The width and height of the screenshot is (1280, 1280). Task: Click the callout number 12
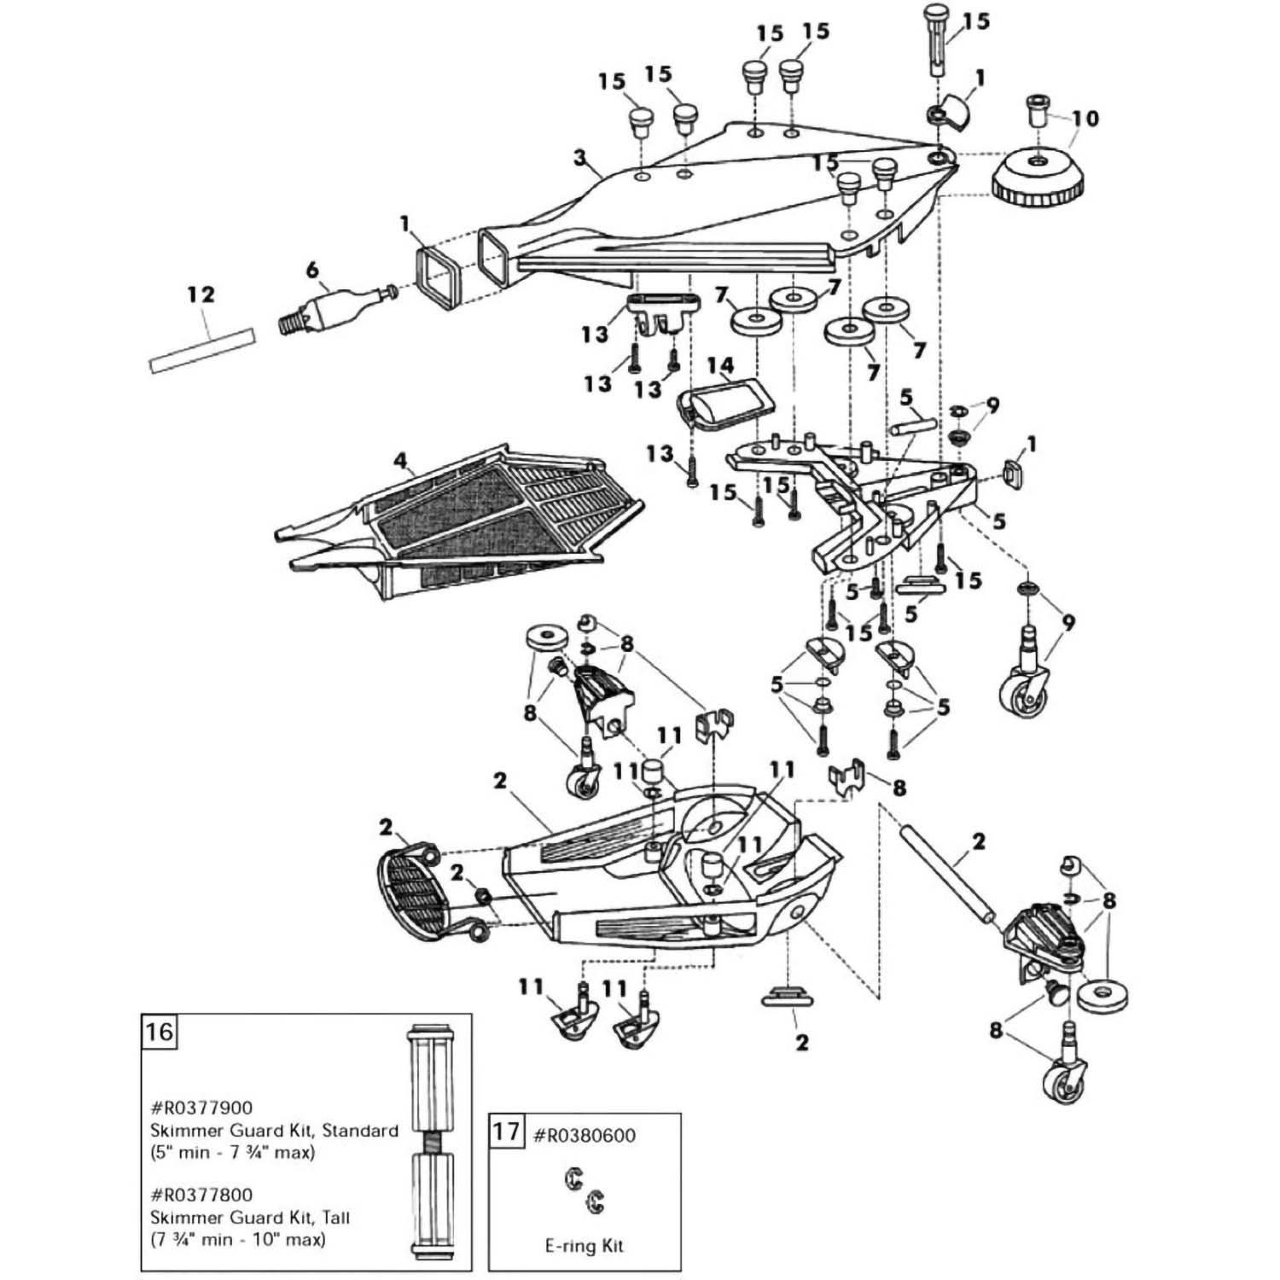201,295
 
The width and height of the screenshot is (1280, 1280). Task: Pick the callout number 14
720,366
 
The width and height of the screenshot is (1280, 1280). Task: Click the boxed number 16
159,1032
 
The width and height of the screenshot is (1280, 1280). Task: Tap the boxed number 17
506,1132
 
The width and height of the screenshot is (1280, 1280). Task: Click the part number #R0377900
202,1108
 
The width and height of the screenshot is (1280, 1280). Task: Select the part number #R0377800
202,1195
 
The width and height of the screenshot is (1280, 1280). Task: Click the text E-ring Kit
584,1245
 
